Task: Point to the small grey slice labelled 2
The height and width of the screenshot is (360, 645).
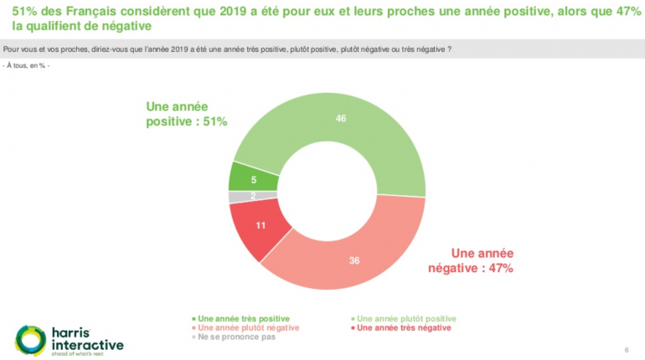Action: tap(241, 197)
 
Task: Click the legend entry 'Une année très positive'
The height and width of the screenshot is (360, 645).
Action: tap(243, 319)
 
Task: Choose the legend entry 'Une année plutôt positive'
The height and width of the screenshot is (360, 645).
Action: tap(407, 319)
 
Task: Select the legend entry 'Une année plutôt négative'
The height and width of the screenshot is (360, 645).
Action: tap(244, 328)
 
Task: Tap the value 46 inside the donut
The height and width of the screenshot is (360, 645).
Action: tap(341, 119)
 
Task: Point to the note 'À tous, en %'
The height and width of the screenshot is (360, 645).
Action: tap(27, 65)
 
